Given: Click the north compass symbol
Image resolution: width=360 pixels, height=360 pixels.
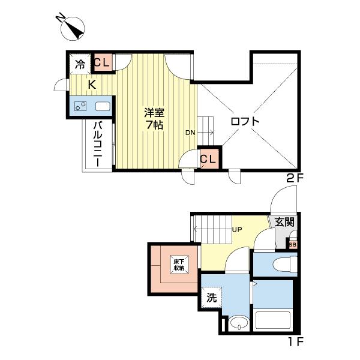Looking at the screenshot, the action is (73, 28).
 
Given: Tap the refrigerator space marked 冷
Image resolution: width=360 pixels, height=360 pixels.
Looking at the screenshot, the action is (80, 64).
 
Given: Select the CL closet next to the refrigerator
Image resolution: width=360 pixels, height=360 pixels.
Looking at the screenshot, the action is (103, 62).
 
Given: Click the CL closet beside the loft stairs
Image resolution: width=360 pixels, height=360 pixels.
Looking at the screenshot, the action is (209, 159).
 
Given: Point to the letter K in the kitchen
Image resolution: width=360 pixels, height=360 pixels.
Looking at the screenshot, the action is (92, 85).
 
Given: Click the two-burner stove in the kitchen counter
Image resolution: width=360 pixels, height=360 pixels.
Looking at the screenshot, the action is (80, 106).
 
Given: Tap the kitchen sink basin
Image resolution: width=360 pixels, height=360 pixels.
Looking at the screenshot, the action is (103, 106).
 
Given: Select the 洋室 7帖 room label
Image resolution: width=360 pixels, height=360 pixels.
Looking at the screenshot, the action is (154, 119).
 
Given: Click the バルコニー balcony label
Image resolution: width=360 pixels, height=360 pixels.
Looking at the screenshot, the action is (98, 144).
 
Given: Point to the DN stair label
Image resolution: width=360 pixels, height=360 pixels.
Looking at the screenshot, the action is (190, 133).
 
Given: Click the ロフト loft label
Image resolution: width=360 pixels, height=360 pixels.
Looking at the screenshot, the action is (245, 121).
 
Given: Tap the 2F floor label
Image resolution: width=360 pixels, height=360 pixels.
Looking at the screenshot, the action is (295, 178).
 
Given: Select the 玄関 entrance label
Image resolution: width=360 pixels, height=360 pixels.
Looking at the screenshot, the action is (284, 222).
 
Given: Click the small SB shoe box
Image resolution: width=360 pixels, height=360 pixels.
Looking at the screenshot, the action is (293, 245).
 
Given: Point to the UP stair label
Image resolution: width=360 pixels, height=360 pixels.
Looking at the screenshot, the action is (237, 229).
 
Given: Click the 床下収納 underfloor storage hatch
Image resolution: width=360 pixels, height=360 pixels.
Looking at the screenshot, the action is (179, 265).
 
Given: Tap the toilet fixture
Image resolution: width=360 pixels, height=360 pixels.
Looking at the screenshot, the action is (285, 264).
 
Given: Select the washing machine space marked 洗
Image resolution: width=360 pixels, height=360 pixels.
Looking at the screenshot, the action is (211, 298).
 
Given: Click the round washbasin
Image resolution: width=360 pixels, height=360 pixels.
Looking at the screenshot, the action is (239, 323).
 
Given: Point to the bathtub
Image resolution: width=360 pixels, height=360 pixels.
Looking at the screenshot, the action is (273, 320).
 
